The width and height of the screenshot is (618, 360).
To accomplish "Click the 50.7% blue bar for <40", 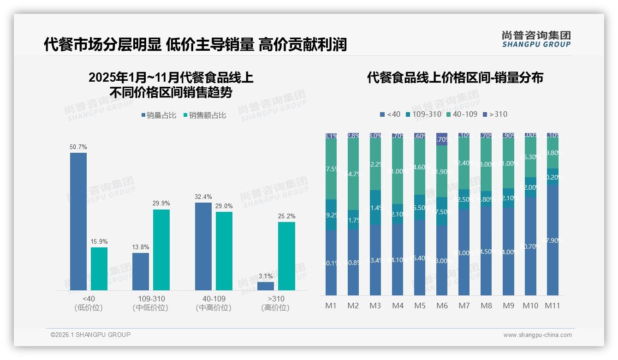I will pos(78,222).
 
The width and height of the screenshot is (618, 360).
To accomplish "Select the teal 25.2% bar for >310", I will pos(286,256).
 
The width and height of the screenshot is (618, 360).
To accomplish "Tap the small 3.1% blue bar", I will pos(266,286).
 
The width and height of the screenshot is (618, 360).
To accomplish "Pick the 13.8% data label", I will pos(141,247).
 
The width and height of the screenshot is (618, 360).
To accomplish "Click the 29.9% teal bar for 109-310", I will pos(161,250).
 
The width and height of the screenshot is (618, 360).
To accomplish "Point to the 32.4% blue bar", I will pos(203,246).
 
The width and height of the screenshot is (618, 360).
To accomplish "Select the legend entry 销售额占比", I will pos(206,115).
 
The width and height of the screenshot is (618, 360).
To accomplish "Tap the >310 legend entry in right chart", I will pos(495,114).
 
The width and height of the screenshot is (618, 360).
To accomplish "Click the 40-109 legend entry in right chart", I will pos(462,114).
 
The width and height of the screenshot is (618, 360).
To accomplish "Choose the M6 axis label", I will pos(442,306).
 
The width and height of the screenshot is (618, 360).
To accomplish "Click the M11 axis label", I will pos(552,306).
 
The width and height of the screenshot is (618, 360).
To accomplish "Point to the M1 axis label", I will pos(331,306).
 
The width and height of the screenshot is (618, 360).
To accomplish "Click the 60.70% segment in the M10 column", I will pos(530,246).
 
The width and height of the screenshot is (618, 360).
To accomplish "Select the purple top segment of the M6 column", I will pos(442,139).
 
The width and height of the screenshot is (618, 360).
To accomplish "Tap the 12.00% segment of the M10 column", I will pos(530,187).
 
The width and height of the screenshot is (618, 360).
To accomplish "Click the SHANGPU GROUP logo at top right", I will pos(536,39).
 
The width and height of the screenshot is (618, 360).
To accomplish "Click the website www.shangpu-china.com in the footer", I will pos(537,335).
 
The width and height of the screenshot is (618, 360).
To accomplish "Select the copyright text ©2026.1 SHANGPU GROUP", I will pos(90,335).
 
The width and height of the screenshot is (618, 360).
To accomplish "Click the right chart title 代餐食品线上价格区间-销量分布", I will pos(455,78).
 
